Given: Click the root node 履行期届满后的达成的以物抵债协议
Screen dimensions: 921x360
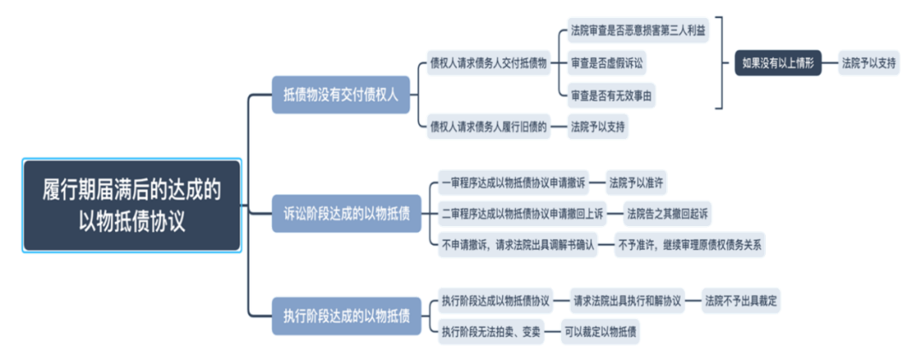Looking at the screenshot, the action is coord(131,205).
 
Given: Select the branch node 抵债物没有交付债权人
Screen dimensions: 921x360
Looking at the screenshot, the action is coord(340,95).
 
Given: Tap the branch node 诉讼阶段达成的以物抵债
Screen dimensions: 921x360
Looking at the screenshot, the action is coord(346,213).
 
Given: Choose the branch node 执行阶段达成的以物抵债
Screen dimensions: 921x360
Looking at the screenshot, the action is coord(346,316).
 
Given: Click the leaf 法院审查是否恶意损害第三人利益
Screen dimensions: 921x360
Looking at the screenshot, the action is coord(637,30).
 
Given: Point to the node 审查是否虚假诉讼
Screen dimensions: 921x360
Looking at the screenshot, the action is coord(606,63).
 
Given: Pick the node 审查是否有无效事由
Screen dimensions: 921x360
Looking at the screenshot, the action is coord(611,96).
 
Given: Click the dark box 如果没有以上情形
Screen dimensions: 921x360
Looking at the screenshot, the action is coord(778,63).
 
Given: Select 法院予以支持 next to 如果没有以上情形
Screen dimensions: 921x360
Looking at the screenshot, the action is coord(868,63).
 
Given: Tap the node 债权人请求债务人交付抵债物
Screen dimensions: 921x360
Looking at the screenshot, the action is coord(489,63).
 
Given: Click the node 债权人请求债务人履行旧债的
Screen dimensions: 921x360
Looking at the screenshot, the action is coord(489,126).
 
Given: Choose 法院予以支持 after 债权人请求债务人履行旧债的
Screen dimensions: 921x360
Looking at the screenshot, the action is coord(597,126).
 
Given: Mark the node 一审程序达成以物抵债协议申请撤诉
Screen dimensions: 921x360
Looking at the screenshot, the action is coord(513,182).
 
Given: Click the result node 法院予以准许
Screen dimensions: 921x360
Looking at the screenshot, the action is coord(637,182).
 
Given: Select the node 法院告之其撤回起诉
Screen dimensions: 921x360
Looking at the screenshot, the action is coord(667,214).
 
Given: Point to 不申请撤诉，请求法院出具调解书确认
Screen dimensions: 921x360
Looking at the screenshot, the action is coord(518,245).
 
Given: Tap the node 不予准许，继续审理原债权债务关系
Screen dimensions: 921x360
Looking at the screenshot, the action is coord(690,245).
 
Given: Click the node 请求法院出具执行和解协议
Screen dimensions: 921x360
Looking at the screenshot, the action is coord(628,301).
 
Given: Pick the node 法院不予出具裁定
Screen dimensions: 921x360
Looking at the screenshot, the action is coord(741,301).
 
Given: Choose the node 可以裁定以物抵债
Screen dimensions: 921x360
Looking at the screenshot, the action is coord(600,332).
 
